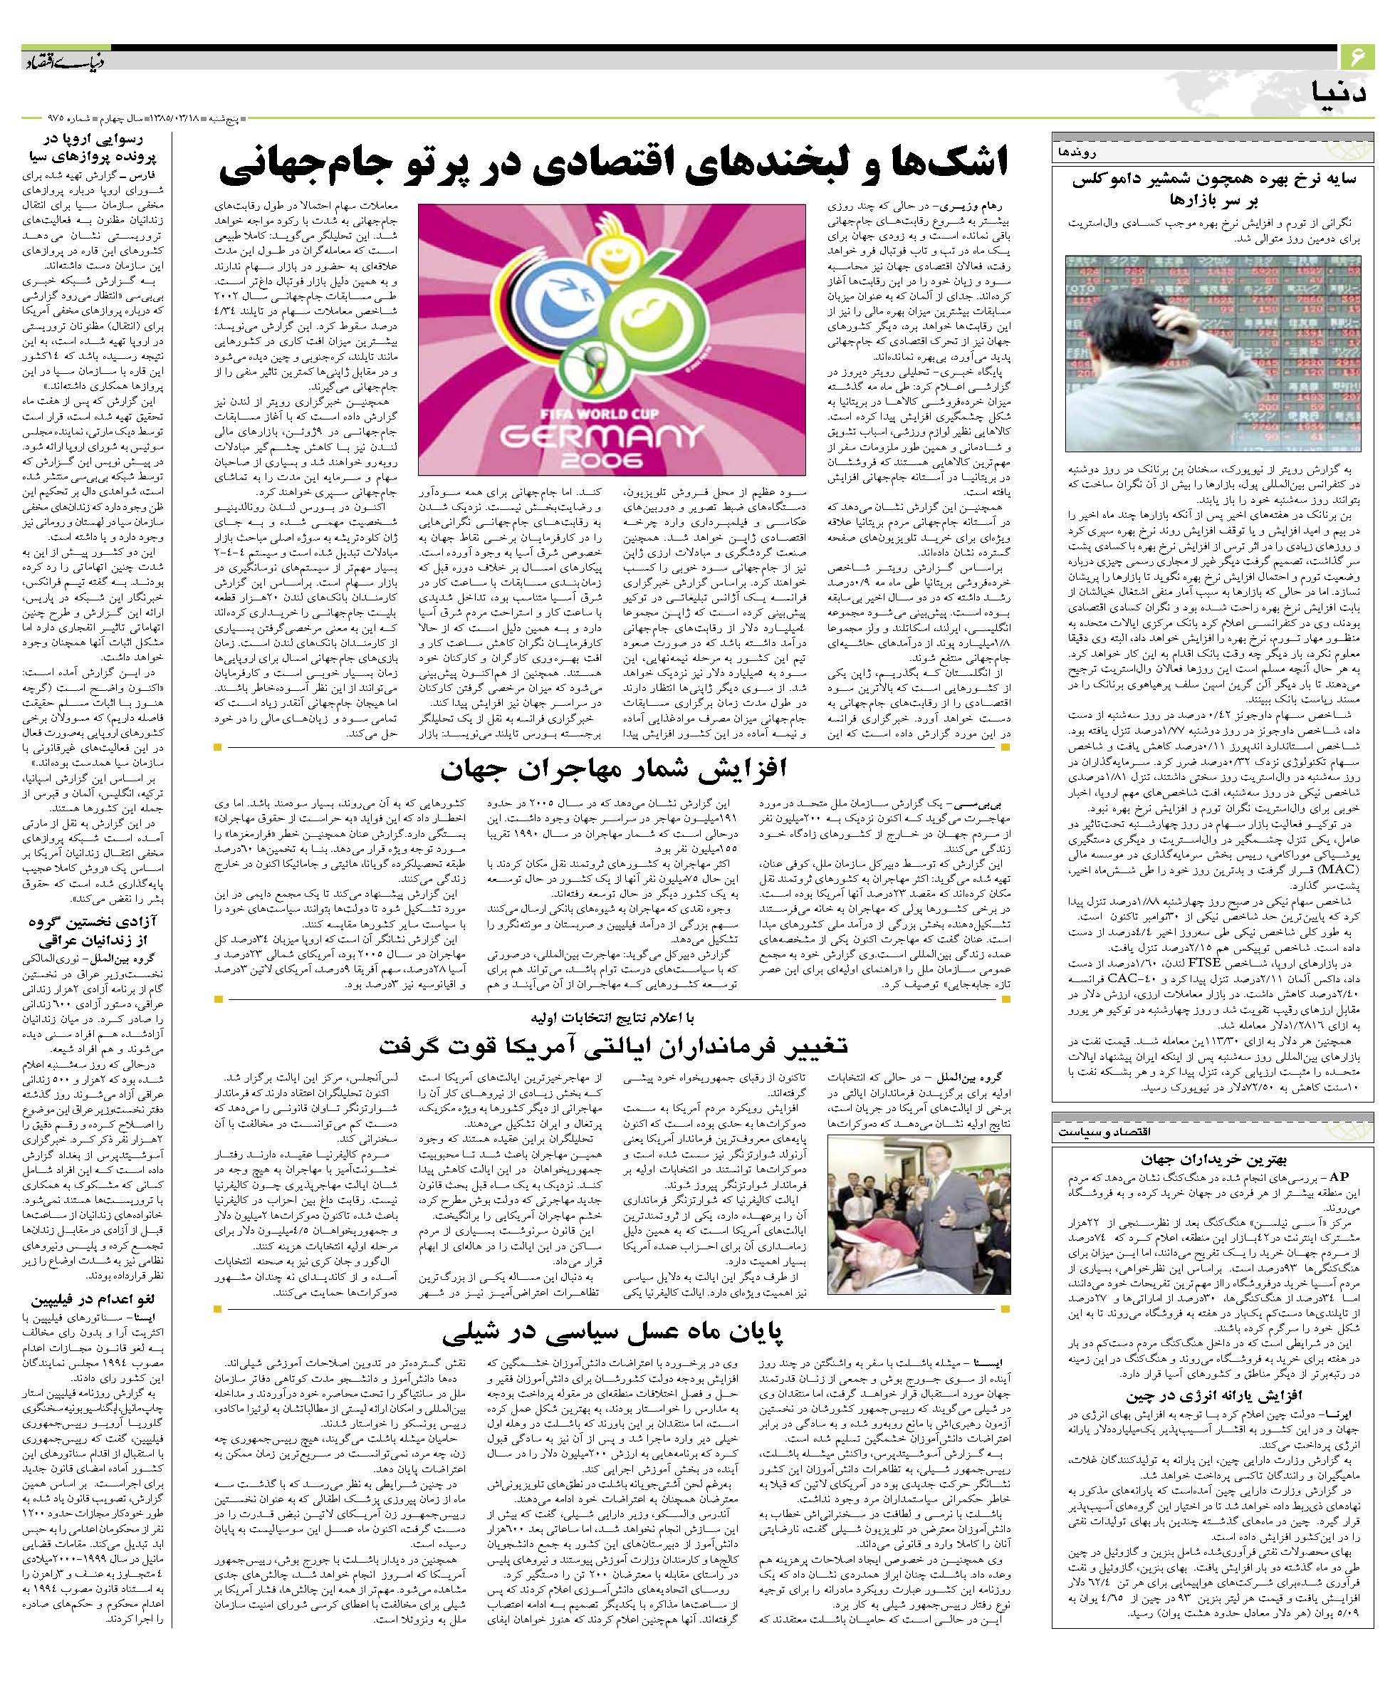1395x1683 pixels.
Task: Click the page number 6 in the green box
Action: pos(1357,57)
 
